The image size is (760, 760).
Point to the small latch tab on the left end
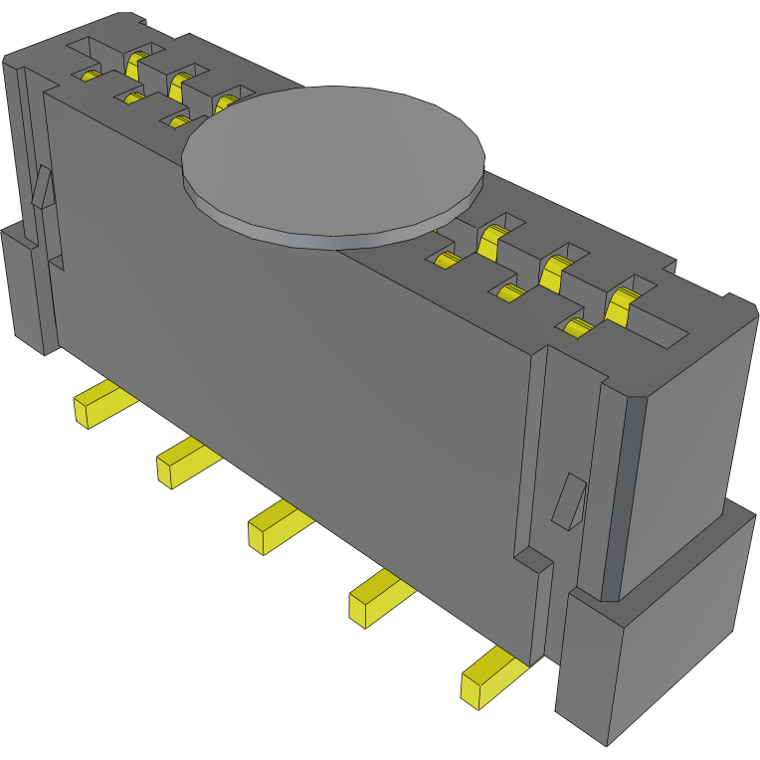pyautogui.click(x=42, y=187)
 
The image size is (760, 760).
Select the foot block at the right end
pyautogui.click(x=657, y=637)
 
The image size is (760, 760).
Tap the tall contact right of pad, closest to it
pyautogui.click(x=491, y=240)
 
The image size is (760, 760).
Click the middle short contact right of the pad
pyautogui.click(x=511, y=292)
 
